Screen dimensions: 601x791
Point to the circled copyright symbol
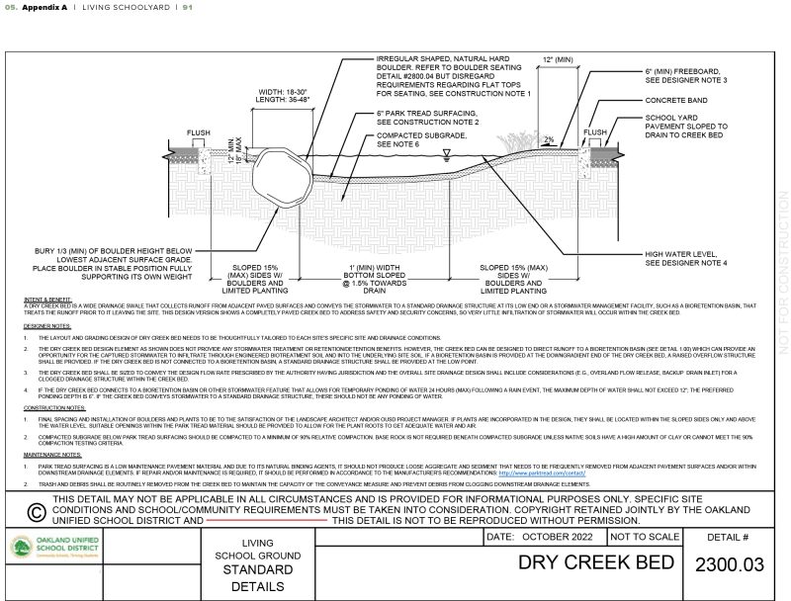(x=34, y=511)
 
